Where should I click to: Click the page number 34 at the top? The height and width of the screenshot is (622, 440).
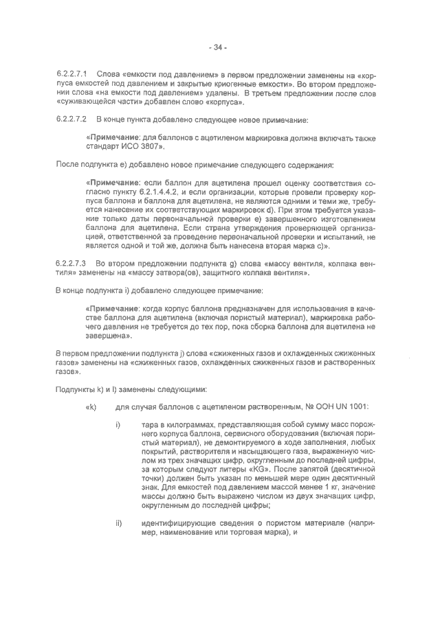coord(219,47)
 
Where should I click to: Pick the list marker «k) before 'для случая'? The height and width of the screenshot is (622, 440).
coord(90,408)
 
